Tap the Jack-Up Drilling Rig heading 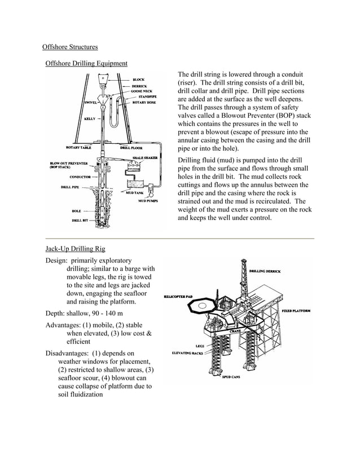[x=74, y=249]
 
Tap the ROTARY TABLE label [x=78, y=148]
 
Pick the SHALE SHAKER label [x=145, y=159]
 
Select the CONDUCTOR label [x=80, y=177]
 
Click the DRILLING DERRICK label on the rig [x=269, y=271]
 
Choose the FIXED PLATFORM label [x=295, y=311]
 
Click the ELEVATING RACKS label [x=187, y=353]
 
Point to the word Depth [x=55, y=313]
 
